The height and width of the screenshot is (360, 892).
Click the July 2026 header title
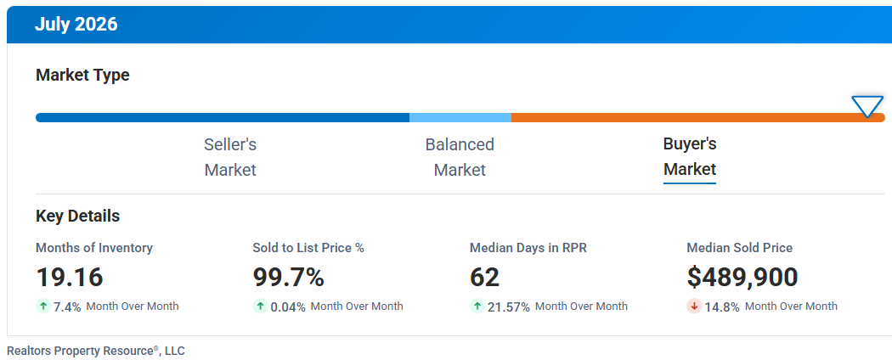click(76, 25)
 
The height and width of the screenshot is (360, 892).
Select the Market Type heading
click(82, 75)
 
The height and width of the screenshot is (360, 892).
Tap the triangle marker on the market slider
click(867, 106)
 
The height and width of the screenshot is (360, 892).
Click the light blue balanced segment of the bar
click(460, 118)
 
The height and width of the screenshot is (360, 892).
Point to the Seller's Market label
click(230, 157)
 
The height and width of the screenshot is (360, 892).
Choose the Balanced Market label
click(460, 157)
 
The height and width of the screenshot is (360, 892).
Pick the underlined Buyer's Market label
click(690, 157)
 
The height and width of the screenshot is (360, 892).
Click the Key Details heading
click(78, 217)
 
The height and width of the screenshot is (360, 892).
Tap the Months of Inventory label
click(94, 248)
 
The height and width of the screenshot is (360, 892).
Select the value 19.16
click(70, 277)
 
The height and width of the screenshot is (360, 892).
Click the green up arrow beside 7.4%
click(43, 306)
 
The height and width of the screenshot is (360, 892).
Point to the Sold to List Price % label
click(308, 248)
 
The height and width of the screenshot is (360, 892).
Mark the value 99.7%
click(289, 277)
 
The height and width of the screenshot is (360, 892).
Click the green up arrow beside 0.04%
click(260, 306)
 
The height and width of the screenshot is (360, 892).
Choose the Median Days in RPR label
click(527, 248)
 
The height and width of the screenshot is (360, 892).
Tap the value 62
click(485, 277)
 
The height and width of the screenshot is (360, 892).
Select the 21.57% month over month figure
click(509, 307)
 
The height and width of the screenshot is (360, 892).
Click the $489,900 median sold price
click(742, 277)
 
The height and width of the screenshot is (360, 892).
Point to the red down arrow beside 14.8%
click(694, 306)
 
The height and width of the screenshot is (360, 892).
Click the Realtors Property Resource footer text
click(95, 351)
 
